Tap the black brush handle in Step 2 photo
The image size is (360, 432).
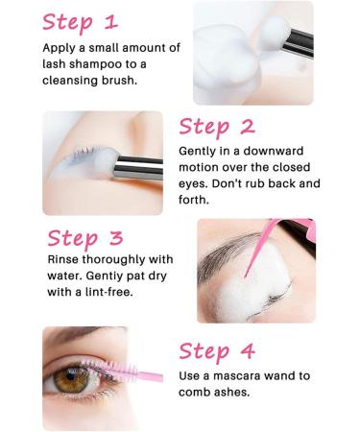click(134, 169)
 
